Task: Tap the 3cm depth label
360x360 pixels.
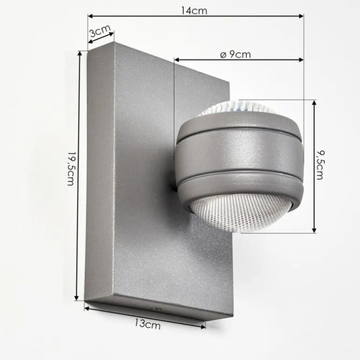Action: tap(99, 32)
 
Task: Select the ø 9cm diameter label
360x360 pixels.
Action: tap(235, 54)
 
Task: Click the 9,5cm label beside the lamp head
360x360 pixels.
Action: tap(320, 166)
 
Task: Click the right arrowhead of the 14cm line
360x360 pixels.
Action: tap(301, 16)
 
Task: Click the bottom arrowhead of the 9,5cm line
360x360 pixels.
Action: tap(314, 230)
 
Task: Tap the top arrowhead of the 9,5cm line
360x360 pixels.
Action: tap(314, 102)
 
